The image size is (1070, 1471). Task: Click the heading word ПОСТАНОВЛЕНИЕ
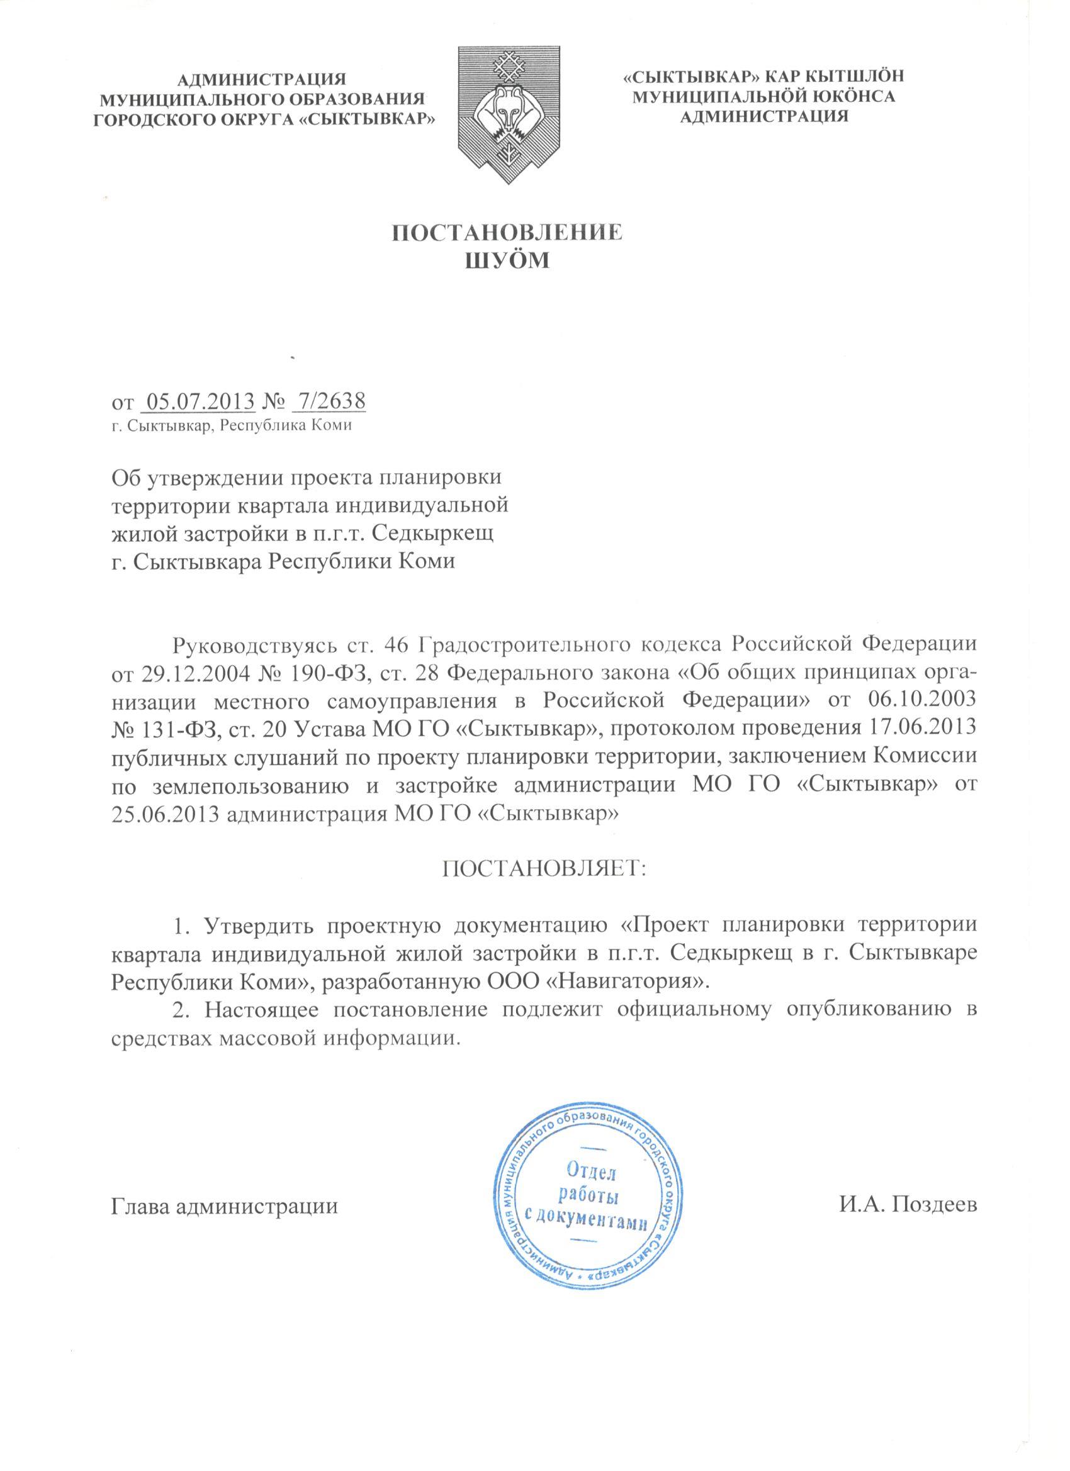point(508,233)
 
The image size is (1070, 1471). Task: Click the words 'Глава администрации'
point(225,1189)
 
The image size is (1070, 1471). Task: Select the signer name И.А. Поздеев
point(907,1189)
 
